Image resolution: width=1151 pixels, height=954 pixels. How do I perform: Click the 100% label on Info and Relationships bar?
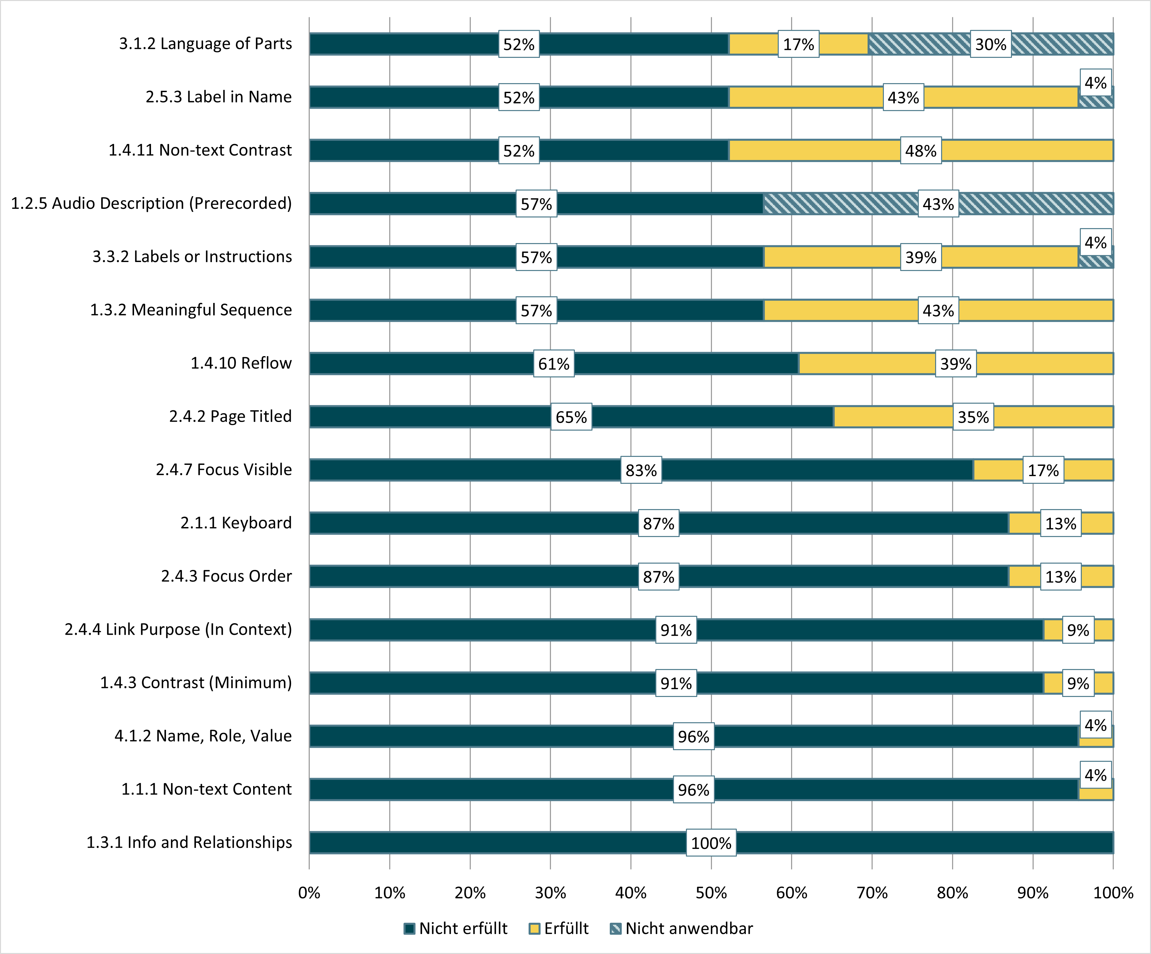[711, 843]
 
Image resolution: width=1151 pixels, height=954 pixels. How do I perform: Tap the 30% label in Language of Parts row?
[990, 44]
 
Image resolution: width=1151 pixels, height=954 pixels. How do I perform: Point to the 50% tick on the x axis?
[711, 892]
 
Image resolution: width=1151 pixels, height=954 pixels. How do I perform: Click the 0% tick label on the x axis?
[309, 892]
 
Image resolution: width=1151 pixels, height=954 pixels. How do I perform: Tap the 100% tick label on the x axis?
[1113, 892]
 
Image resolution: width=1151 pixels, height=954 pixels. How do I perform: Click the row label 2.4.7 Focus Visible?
[224, 470]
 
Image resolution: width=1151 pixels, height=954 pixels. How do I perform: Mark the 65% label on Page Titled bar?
[571, 417]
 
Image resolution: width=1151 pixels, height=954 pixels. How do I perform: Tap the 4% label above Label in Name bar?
[1095, 83]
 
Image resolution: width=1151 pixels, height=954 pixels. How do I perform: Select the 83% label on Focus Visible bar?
[641, 470]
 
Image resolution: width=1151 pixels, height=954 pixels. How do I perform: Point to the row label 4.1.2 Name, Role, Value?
[203, 735]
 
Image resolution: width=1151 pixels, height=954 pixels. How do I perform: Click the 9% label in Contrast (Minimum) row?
[1077, 683]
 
